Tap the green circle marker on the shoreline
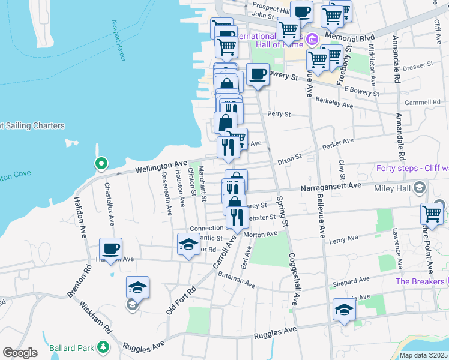[101, 163]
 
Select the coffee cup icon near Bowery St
[258, 74]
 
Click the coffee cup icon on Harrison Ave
[111, 248]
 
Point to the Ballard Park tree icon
[103, 347]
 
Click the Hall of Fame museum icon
[311, 40]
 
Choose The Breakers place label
[419, 281]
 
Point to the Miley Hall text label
[393, 188]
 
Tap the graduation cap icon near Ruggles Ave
[344, 309]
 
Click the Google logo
[20, 353]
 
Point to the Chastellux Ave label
[111, 203]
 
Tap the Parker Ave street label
[339, 144]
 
